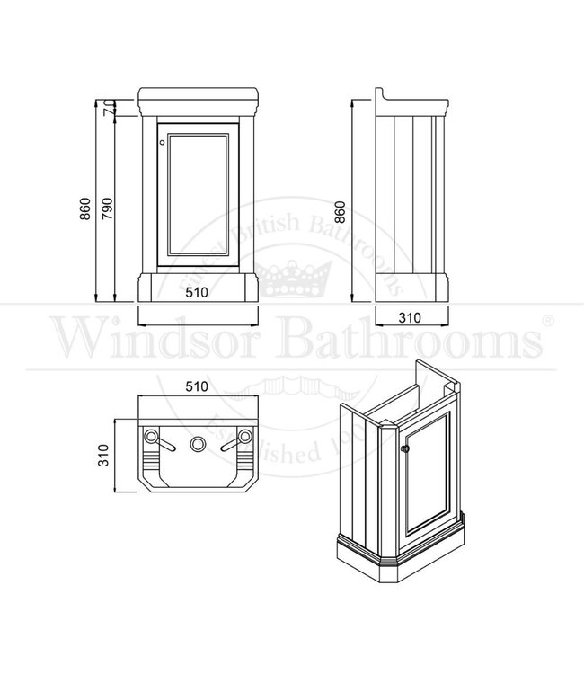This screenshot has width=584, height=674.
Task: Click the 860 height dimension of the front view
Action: pyautogui.click(x=85, y=209)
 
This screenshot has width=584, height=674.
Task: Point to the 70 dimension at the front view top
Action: pyautogui.click(x=106, y=109)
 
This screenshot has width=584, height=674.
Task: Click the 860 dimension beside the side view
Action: pyautogui.click(x=340, y=211)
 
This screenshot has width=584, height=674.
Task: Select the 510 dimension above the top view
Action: pyautogui.click(x=198, y=386)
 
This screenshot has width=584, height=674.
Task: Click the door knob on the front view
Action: pyautogui.click(x=162, y=141)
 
